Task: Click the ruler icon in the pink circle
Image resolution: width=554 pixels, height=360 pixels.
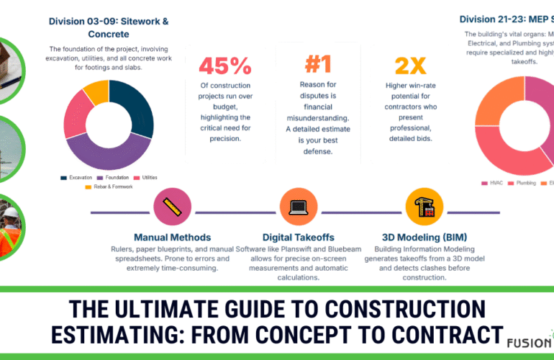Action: point(172,207)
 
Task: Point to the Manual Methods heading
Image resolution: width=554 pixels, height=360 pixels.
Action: point(172,237)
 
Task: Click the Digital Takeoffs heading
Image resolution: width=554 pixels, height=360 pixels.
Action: point(299,237)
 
